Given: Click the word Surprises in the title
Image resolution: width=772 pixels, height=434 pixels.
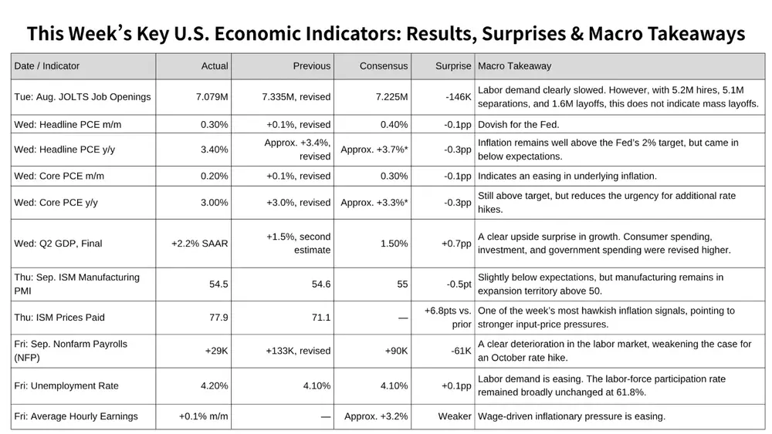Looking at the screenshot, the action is pyautogui.click(x=523, y=33).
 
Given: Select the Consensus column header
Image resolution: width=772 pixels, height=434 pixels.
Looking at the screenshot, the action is pyautogui.click(x=384, y=66).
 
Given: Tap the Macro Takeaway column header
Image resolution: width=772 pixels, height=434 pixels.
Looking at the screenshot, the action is pyautogui.click(x=514, y=66).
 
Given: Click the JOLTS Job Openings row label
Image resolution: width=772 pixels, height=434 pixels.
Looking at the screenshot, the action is pyautogui.click(x=83, y=97).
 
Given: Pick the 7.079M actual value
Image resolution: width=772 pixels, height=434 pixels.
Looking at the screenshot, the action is pyautogui.click(x=212, y=97).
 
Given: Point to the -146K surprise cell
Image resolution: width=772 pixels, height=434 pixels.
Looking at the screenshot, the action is pyautogui.click(x=459, y=97).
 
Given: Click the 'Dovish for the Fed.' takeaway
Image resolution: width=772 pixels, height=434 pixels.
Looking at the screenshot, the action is pyautogui.click(x=519, y=124).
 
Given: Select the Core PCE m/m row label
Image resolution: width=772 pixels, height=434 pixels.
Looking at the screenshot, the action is pyautogui.click(x=59, y=176).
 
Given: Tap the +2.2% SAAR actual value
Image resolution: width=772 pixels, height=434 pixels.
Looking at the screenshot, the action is pyautogui.click(x=199, y=244).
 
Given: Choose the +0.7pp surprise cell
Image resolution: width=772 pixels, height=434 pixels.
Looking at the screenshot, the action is pyautogui.click(x=456, y=244).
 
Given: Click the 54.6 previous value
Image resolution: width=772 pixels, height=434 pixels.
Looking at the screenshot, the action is pyautogui.click(x=321, y=284).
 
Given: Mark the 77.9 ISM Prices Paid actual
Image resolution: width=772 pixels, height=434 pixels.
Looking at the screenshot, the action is pyautogui.click(x=218, y=318).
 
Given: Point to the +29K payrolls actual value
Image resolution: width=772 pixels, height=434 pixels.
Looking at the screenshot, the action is pyautogui.click(x=217, y=351).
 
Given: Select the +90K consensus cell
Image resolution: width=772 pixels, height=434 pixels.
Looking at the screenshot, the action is pyautogui.click(x=396, y=351).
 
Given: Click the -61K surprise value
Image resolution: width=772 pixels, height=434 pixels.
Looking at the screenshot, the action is pyautogui.click(x=461, y=351).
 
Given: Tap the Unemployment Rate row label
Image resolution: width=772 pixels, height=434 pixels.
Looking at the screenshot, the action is pyautogui.click(x=66, y=386).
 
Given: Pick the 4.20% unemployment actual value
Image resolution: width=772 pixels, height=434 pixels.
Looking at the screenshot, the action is pyautogui.click(x=214, y=386).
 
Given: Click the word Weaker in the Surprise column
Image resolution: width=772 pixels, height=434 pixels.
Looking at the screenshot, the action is pyautogui.click(x=455, y=416).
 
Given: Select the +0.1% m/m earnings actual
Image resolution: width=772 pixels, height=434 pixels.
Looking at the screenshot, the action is pyautogui.click(x=203, y=416).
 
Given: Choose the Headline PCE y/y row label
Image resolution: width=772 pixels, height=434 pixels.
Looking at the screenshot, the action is pyautogui.click(x=65, y=150).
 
